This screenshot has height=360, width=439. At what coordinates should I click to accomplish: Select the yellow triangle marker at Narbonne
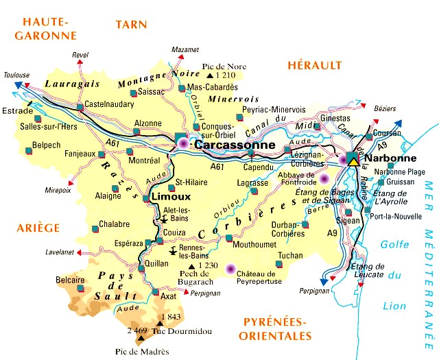[353, 160]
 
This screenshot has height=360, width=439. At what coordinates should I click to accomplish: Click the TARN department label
[131, 24]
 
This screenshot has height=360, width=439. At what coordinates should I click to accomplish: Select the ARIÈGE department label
[39, 228]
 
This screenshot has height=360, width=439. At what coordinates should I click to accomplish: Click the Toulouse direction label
[16, 75]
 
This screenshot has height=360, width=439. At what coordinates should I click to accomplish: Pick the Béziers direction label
[385, 110]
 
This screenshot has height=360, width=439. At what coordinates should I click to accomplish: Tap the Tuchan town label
[290, 256]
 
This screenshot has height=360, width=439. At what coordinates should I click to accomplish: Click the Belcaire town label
[69, 280]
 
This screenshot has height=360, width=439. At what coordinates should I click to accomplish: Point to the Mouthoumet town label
[254, 243]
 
